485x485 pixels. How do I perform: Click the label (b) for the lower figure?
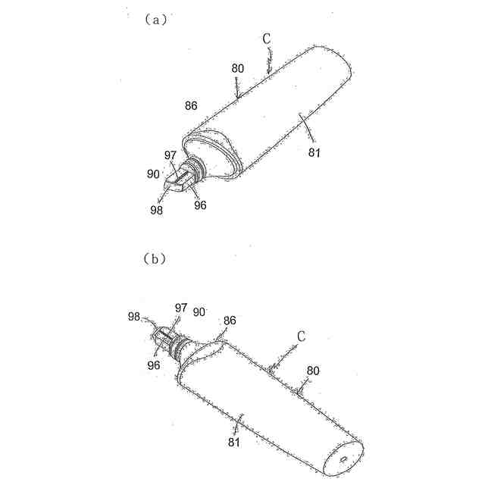point(154,258)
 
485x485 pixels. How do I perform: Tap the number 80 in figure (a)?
point(238,68)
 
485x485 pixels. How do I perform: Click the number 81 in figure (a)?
point(314,152)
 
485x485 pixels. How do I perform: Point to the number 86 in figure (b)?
point(229,321)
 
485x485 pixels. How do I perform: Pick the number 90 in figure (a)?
point(153,173)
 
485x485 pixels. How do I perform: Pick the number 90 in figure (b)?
point(200,311)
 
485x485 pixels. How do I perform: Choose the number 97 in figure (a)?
point(171,155)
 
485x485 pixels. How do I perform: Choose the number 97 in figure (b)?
point(181,307)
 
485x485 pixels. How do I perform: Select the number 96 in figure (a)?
point(200,204)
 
